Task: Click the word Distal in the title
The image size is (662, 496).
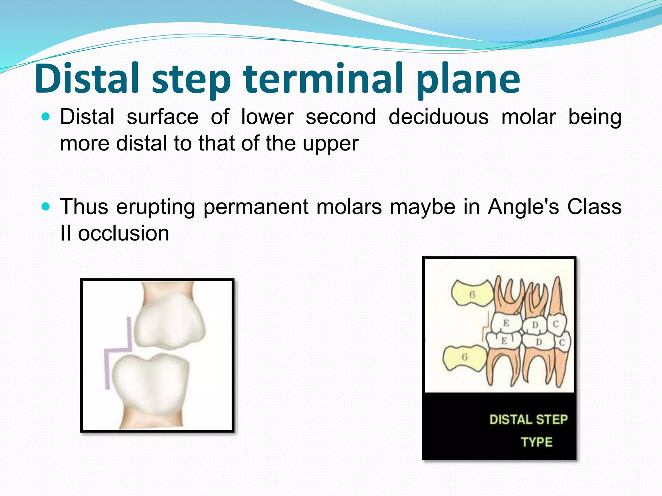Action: click(87, 79)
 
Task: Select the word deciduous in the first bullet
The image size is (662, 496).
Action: click(438, 117)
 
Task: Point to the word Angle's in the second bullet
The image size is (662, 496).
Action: click(523, 207)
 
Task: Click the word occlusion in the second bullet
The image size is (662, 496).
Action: click(123, 233)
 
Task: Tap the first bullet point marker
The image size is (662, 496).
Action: click(46, 117)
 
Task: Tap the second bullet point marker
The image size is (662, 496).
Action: click(46, 206)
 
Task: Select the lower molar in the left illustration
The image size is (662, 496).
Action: click(150, 384)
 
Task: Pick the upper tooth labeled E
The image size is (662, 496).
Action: click(506, 324)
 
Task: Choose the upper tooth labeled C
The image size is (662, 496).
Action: click(556, 324)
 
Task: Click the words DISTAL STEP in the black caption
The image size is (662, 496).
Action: click(528, 419)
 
